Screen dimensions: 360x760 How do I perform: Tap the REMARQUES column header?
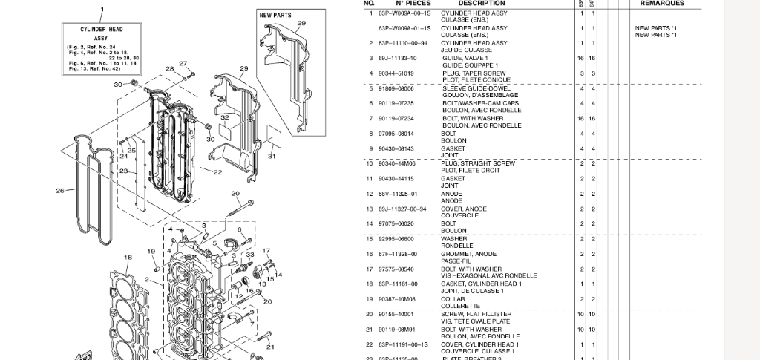(662, 4)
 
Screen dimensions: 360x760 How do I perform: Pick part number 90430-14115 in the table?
(396, 178)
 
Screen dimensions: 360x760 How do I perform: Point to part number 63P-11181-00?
(398, 284)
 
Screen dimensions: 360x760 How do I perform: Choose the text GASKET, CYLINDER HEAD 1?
(481, 284)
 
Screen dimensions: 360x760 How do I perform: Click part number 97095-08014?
(396, 134)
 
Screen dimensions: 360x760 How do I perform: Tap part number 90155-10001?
(397, 314)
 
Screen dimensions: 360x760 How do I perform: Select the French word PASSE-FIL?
(454, 261)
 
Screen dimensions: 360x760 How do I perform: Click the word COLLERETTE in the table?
(461, 306)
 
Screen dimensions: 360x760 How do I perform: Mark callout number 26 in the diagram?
(60, 191)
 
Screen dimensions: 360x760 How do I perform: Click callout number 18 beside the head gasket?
(128, 258)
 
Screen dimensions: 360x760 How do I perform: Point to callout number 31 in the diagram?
(272, 156)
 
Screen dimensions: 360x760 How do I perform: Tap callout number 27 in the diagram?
(183, 64)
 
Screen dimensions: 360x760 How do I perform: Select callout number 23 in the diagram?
(123, 171)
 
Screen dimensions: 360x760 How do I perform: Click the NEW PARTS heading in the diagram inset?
(275, 15)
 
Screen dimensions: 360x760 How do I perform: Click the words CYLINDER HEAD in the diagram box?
(102, 30)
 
